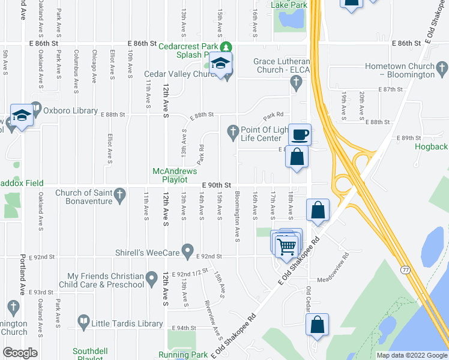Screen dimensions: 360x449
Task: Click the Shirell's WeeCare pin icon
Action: tap(187, 249)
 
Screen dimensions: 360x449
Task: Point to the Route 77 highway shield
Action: tap(406, 271)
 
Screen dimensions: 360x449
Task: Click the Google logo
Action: tap(20, 353)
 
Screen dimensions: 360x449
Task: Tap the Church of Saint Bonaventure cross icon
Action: tap(120, 194)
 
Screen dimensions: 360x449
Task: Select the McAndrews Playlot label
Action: tap(175, 175)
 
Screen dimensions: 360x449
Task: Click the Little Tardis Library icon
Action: tap(83, 322)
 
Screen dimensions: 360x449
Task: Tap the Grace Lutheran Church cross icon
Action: tap(295, 85)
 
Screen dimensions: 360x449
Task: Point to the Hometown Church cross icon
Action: tap(441, 66)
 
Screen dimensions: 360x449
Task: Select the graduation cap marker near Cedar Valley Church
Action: tap(221, 65)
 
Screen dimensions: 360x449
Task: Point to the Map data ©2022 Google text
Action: tap(412, 355)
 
